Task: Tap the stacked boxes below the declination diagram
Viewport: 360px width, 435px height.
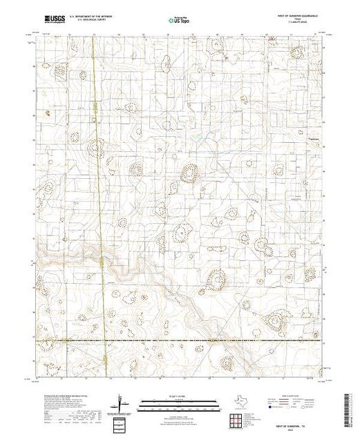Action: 122,420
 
